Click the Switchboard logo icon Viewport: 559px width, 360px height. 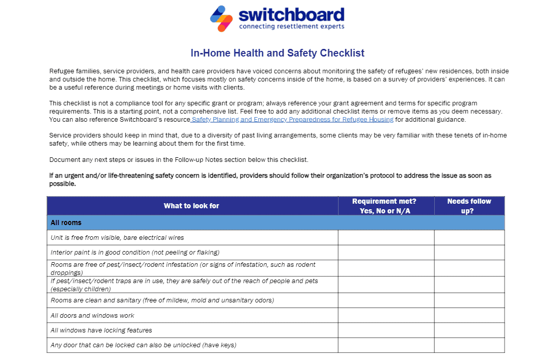pos(221,18)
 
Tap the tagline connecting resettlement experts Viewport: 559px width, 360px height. pos(291,26)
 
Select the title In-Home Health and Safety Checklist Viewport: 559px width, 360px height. pos(277,53)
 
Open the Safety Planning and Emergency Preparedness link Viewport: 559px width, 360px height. pos(292,120)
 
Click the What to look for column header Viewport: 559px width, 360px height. pos(191,206)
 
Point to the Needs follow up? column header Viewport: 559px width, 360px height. pos(468,206)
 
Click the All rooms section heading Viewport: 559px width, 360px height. pos(66,223)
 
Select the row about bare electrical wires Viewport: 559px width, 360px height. pos(117,237)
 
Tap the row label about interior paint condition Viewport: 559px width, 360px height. pos(135,253)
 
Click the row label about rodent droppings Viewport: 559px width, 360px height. pos(183,268)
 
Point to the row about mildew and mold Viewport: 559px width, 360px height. pos(162,300)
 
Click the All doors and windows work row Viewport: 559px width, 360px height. pos(93,315)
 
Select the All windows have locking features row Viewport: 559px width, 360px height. pos(101,330)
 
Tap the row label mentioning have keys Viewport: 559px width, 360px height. pos(143,345)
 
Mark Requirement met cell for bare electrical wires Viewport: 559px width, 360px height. pos(385,237)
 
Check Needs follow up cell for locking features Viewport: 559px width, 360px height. pos(469,330)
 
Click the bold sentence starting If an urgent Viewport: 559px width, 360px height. pos(270,179)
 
